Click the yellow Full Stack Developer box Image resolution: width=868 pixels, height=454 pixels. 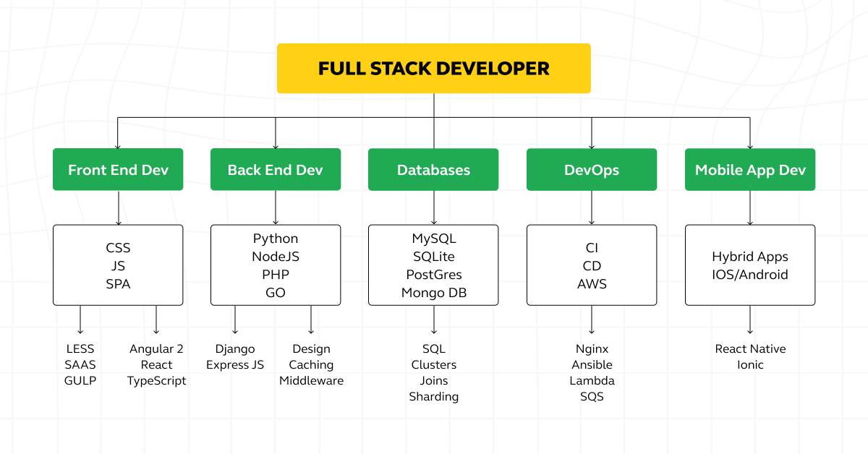coord(433,68)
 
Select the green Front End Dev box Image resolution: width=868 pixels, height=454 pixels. coord(118,169)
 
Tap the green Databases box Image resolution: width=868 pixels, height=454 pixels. coord(433,169)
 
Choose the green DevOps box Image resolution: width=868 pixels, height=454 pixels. coord(592,169)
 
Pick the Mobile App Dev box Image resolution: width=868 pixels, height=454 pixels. coord(750,169)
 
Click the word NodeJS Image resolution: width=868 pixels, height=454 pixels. coord(276,257)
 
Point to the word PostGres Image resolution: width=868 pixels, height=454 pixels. coord(434,275)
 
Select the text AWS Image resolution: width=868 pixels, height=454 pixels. coord(592,284)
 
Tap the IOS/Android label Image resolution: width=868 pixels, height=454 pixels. coord(750,275)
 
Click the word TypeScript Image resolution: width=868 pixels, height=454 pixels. coord(156,381)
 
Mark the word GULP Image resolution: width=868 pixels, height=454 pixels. coord(80,380)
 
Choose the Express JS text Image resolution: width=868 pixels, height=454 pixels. coord(235,364)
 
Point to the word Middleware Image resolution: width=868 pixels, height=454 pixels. coord(311,380)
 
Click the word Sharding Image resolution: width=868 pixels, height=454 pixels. coord(433,397)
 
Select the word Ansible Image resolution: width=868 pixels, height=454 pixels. coord(592,364)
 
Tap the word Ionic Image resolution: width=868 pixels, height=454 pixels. coord(750,364)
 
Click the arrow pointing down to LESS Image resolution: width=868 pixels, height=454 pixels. coord(80,320)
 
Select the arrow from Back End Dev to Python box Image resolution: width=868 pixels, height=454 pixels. coord(276,207)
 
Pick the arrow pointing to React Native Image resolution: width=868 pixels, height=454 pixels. coord(750,320)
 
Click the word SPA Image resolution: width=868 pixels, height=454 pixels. coord(118,284)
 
